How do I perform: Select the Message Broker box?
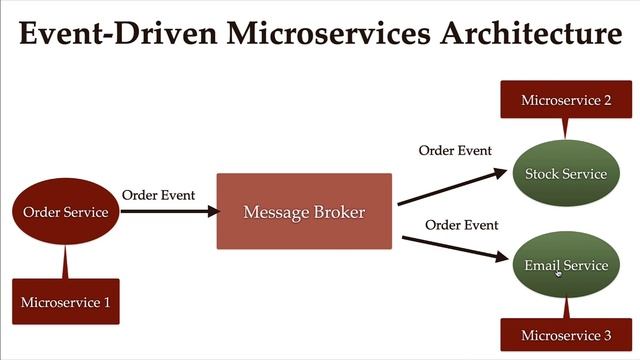pos(304,212)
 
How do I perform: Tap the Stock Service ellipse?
pos(565,174)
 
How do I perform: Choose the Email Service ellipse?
pos(565,265)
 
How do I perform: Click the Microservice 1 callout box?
pos(66,302)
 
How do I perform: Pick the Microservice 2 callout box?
pos(565,100)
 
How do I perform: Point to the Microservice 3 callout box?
pos(565,335)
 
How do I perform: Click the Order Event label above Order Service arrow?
pos(158,195)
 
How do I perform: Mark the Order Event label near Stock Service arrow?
pos(455,151)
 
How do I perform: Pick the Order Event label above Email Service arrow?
pos(461,225)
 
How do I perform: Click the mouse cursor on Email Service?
pos(558,271)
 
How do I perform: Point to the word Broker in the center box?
pos(337,212)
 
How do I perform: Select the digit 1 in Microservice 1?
pos(106,302)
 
